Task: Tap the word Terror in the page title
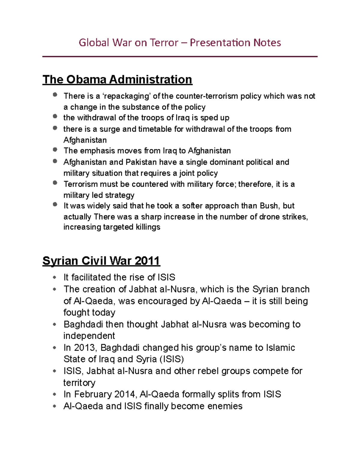point(164,43)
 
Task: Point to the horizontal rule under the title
point(180,56)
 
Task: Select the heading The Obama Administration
point(117,80)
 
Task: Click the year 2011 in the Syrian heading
point(147,260)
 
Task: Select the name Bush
point(270,206)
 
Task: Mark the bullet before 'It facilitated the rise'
point(54,278)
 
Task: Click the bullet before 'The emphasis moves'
point(55,149)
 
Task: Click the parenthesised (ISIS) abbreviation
point(172,359)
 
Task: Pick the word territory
point(79,383)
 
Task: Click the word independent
point(89,336)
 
